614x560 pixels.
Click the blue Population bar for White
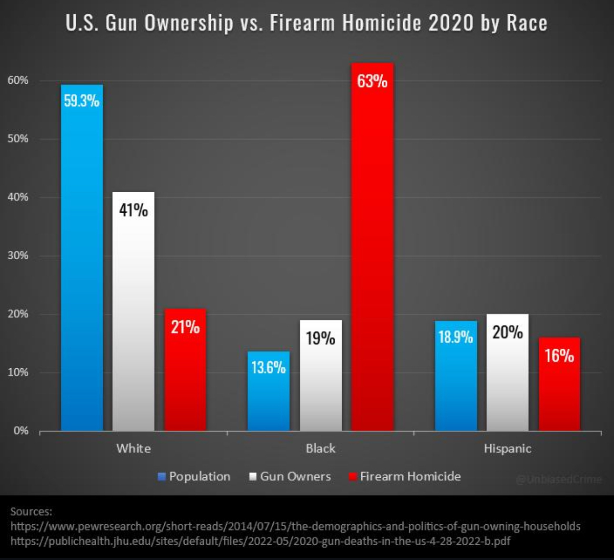(x=82, y=266)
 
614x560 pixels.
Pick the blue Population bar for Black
(x=268, y=400)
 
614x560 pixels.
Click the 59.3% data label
(x=82, y=101)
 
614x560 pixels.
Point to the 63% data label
(x=372, y=81)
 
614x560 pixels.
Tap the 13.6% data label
(x=268, y=367)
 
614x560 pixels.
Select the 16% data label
(x=559, y=355)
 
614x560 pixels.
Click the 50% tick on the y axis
(x=18, y=138)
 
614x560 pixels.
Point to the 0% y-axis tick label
(x=20, y=431)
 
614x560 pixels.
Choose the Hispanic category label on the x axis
(x=507, y=448)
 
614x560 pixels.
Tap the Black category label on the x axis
(x=320, y=448)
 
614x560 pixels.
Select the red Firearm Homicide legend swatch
(x=353, y=476)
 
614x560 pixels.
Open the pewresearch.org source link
(x=295, y=526)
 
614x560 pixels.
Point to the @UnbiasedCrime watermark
(x=559, y=480)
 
